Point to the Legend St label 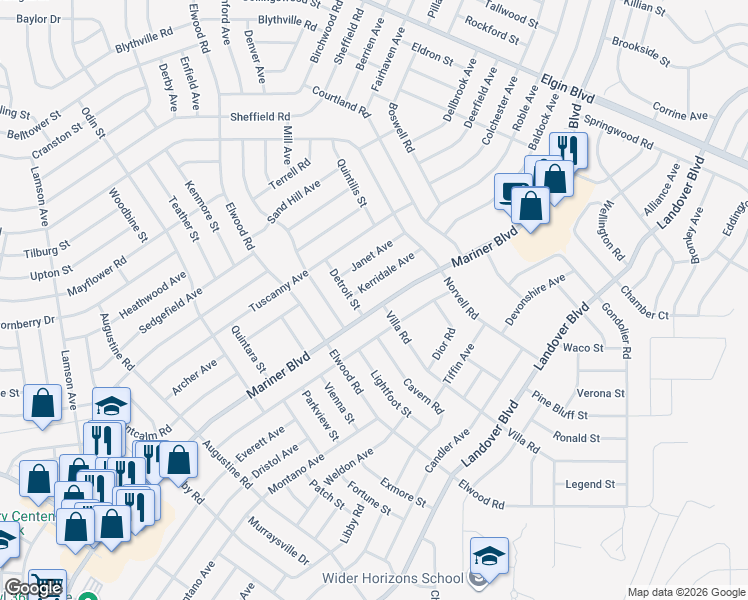[589, 484]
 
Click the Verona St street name [600, 394]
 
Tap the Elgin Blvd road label [568, 89]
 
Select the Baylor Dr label [39, 19]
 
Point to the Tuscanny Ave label [279, 289]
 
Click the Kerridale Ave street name [385, 273]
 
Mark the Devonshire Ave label [535, 297]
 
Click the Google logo [33, 588]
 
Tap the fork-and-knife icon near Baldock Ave [569, 150]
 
